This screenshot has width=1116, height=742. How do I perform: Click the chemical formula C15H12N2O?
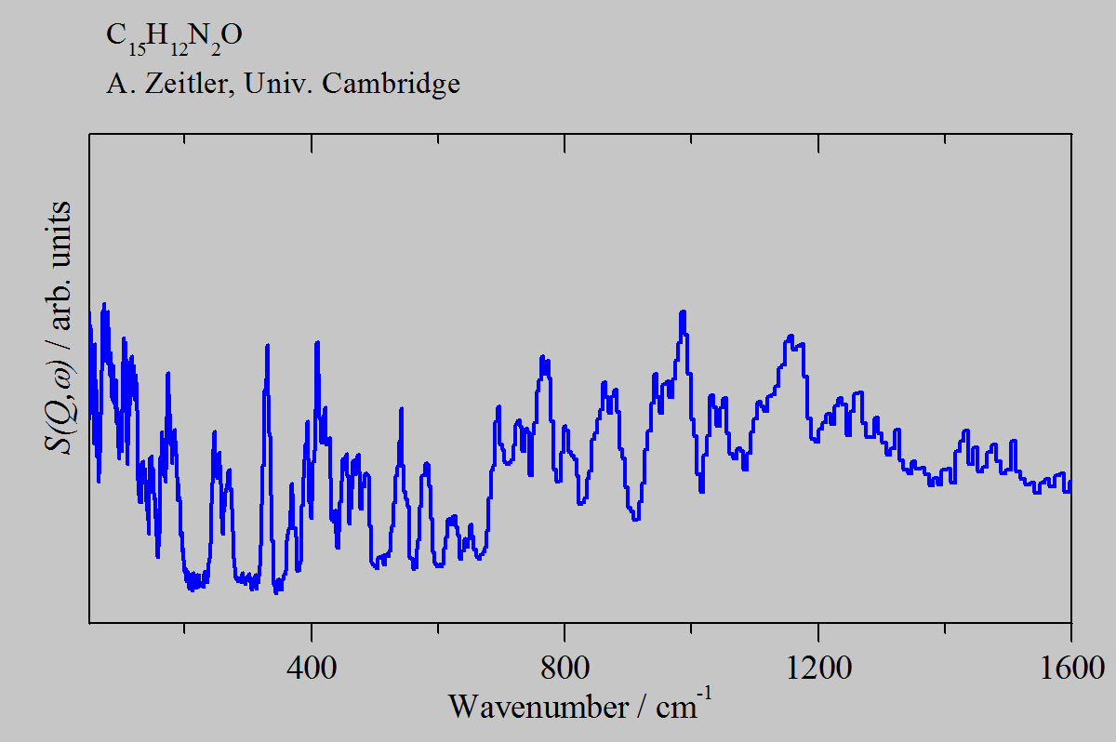(174, 37)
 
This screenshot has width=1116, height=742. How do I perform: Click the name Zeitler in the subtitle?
(180, 84)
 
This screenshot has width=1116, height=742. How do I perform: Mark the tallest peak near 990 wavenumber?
(684, 312)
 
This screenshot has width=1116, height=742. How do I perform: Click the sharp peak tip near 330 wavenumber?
(268, 346)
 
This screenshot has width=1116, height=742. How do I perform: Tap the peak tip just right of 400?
(317, 343)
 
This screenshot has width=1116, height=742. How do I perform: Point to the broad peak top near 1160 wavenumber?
(790, 337)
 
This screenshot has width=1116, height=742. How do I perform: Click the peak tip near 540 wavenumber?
(402, 408)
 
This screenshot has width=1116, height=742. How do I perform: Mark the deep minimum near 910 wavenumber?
(635, 519)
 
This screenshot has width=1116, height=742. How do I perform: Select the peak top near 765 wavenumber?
(542, 357)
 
